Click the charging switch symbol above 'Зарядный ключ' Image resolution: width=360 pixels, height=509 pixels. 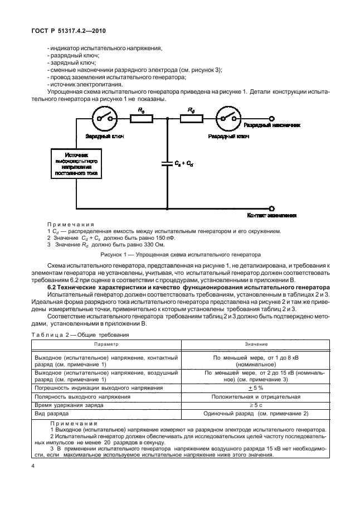tap(104, 118)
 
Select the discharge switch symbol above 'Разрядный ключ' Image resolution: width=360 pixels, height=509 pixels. tap(228, 118)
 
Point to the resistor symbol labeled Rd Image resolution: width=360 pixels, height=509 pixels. tap(191, 118)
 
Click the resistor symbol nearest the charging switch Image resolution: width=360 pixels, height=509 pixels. tap(142, 118)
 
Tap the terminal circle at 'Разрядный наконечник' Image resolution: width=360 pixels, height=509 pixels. tap(271, 118)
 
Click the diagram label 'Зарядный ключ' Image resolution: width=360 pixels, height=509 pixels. tap(104, 135)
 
